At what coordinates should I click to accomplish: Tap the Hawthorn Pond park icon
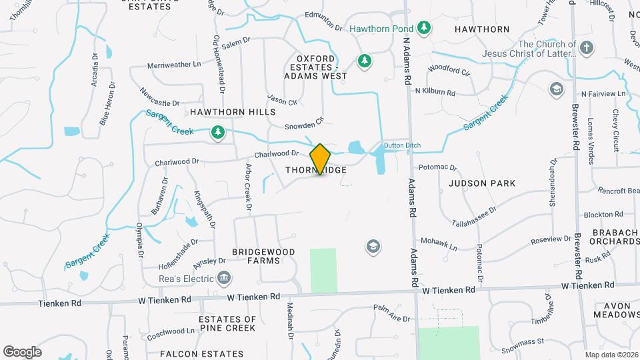[x=424, y=28]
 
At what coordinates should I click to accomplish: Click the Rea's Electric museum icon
[x=225, y=277]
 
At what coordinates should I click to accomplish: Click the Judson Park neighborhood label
[x=482, y=183]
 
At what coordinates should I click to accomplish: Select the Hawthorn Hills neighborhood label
[x=232, y=113]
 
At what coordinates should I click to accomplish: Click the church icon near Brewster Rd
[x=586, y=48]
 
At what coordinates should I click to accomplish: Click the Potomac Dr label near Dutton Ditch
[x=437, y=168]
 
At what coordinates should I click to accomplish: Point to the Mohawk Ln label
[x=438, y=243]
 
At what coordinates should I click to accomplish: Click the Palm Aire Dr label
[x=391, y=313]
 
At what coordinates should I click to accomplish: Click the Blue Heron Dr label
[x=108, y=103]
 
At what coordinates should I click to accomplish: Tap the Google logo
[x=22, y=352]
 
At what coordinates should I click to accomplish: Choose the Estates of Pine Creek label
[x=227, y=323]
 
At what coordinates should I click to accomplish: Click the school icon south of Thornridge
[x=373, y=247]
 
